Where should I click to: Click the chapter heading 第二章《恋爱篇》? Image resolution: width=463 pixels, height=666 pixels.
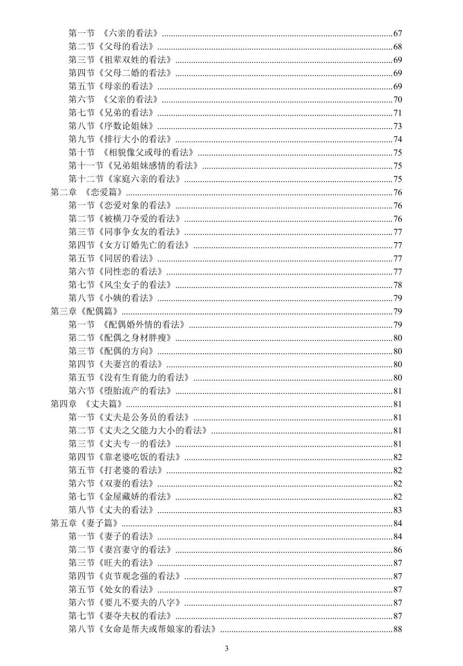coord(87,192)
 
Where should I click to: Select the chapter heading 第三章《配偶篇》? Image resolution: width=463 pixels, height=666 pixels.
coord(85,311)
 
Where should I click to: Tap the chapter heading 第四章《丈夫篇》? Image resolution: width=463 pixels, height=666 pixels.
coord(88,404)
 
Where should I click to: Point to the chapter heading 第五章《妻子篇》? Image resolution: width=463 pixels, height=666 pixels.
coord(85,523)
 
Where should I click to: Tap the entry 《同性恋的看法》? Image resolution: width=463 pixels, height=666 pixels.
coord(130,272)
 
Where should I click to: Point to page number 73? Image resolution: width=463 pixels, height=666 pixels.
coord(397,126)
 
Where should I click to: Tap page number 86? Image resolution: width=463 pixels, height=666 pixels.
coord(397,549)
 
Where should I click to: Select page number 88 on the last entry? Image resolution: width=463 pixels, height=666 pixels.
coord(397,629)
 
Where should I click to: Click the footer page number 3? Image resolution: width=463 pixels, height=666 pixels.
coord(226,648)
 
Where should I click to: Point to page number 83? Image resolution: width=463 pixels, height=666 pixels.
coord(397,510)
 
